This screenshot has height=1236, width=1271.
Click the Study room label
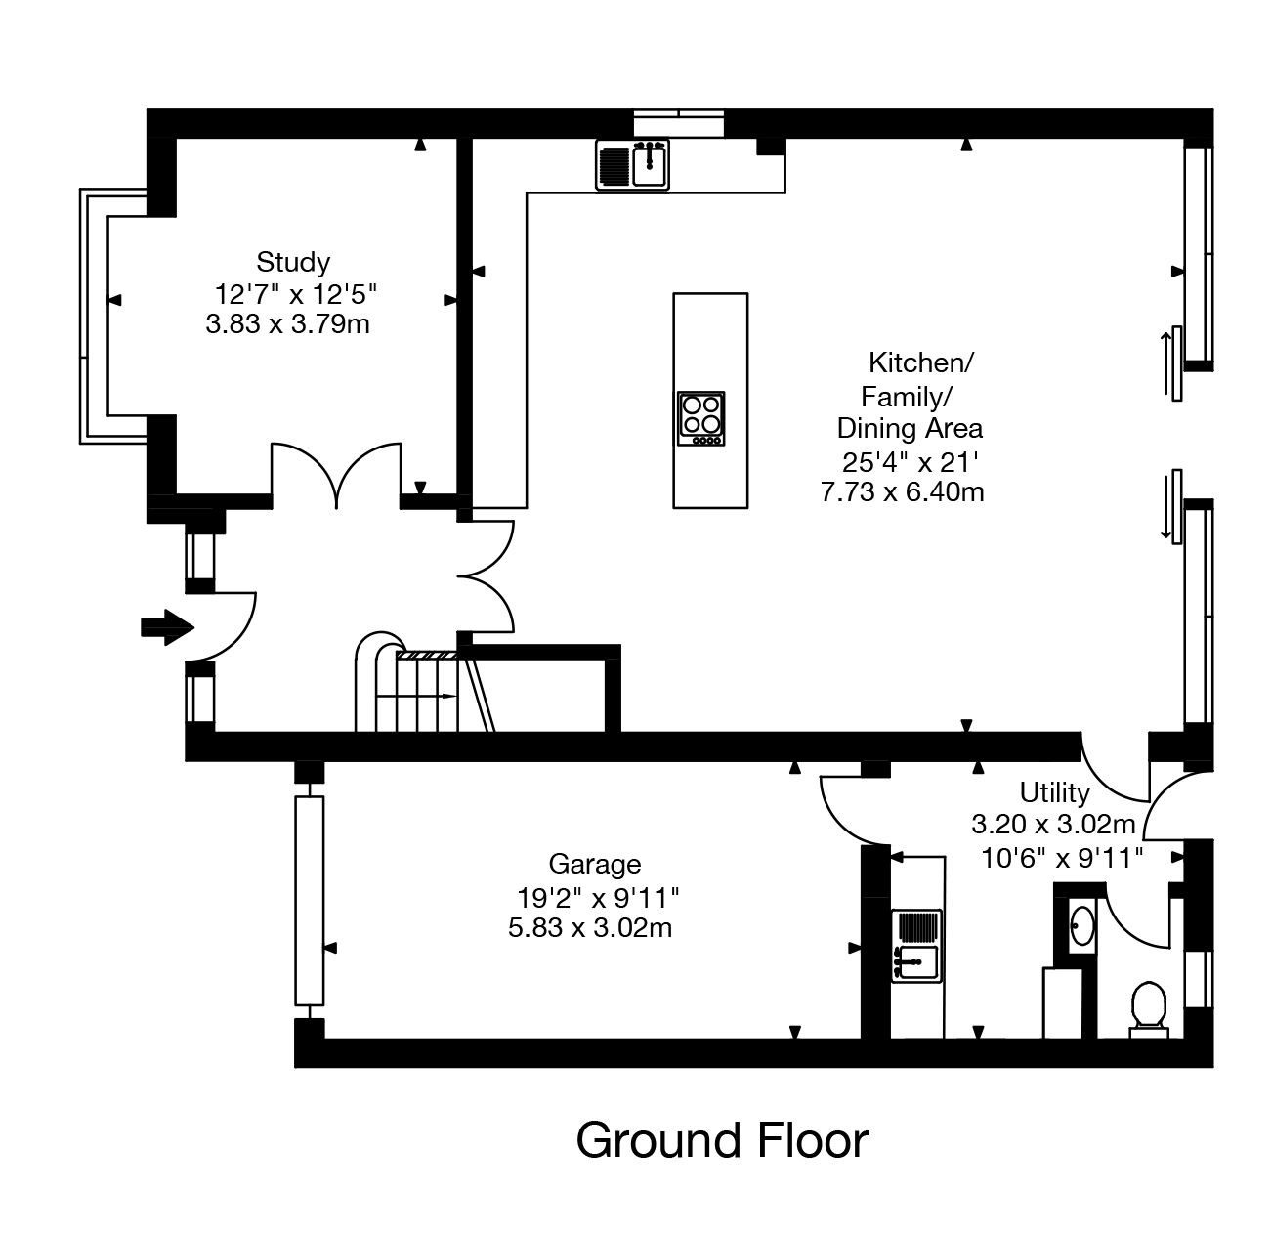[x=293, y=262]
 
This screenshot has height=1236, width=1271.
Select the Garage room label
[x=594, y=864]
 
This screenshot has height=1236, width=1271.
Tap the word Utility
[x=1054, y=791]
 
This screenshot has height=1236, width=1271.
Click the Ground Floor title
[x=721, y=1140]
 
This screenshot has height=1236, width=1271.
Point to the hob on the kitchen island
[x=701, y=418]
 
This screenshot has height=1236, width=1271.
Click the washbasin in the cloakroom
[x=1081, y=925]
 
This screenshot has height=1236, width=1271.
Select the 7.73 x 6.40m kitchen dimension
[x=902, y=491]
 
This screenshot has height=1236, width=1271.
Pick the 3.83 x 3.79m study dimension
[x=287, y=324]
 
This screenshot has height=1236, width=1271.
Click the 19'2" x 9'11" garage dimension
[x=597, y=896]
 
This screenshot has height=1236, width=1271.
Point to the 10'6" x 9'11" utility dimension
[x=1061, y=858]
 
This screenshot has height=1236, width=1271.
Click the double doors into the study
[x=336, y=476]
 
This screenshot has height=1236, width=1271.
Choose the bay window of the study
[x=94, y=315]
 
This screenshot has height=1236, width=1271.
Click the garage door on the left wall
[x=309, y=900]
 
